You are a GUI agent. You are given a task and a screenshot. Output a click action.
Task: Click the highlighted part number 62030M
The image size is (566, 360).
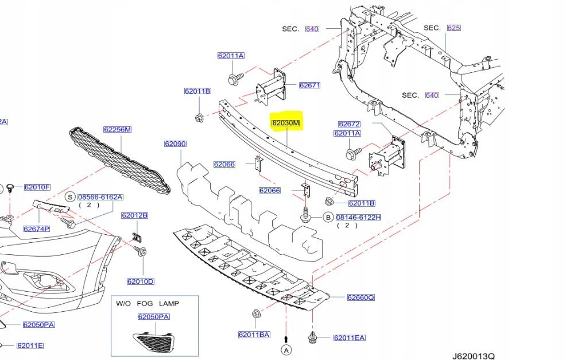pyautogui.click(x=286, y=123)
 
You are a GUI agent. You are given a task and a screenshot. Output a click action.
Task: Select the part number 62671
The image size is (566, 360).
pyautogui.click(x=309, y=86)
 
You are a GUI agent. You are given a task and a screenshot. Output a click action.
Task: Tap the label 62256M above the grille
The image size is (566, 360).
pyautogui.click(x=117, y=130)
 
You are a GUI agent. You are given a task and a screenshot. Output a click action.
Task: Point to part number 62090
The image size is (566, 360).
pyautogui.click(x=175, y=144)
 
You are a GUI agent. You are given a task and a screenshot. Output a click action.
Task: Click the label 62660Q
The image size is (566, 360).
pyautogui.click(x=360, y=297)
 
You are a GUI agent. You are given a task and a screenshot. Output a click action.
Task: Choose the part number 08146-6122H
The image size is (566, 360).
pyautogui.click(x=359, y=218)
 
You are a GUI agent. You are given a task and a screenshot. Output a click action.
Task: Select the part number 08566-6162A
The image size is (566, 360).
pyautogui.click(x=100, y=197)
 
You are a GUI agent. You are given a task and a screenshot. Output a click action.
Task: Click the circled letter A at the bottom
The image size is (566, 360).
pyautogui.click(x=286, y=350)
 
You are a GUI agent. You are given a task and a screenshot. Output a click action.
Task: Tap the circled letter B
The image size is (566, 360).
pyautogui.click(x=328, y=218)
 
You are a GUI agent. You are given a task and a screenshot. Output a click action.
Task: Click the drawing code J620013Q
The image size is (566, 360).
pyautogui.click(x=472, y=355)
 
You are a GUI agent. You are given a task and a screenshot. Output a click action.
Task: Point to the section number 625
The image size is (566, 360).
pyautogui.click(x=453, y=28)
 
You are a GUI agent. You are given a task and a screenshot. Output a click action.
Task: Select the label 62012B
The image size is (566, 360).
pyautogui.click(x=134, y=215)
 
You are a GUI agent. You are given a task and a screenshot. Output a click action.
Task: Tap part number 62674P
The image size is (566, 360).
pyautogui.click(x=37, y=229)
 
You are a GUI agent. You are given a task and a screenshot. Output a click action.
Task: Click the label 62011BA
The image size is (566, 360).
pyautogui.click(x=254, y=335)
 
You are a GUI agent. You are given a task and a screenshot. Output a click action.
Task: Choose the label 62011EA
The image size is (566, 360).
pyautogui.click(x=349, y=338)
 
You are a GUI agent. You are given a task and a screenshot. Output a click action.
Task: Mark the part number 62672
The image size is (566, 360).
pyautogui.click(x=349, y=124)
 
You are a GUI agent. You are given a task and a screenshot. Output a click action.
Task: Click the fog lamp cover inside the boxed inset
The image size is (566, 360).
pyautogui.click(x=154, y=342)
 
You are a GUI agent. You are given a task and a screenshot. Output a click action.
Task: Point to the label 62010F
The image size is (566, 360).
pyautogui.click(x=37, y=187)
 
